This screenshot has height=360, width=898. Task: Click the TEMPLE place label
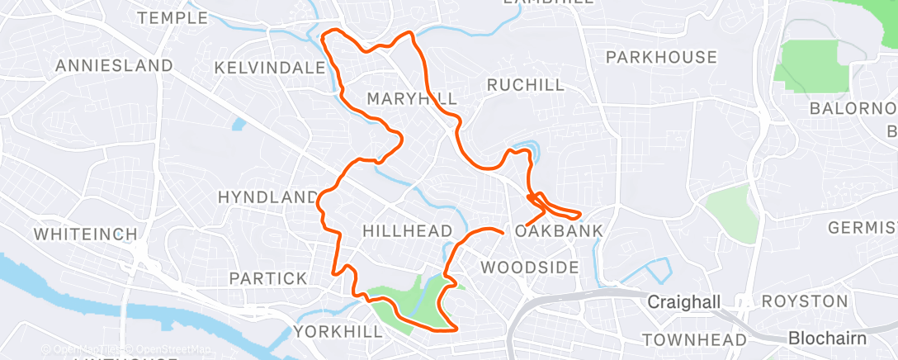coord(173,17)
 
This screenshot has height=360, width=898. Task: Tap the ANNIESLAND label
coord(114,65)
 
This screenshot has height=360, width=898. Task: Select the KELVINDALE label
coord(269,67)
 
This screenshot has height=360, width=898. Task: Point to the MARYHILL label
coord(412,99)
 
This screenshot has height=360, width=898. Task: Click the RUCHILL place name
coord(526,84)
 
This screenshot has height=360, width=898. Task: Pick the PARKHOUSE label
coord(661,57)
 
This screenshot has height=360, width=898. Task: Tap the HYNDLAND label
coord(267,197)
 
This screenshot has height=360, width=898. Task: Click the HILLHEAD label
coord(408,230)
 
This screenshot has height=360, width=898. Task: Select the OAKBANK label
coord(559,230)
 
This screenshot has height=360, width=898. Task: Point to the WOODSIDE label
coord(529,267)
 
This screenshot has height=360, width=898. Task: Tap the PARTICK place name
coord(268,278)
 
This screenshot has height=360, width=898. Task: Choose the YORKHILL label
coord(338,331)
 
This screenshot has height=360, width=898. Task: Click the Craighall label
coord(683,301)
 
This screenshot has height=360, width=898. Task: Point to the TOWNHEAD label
coord(694,339)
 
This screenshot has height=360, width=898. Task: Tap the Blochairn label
coord(826,338)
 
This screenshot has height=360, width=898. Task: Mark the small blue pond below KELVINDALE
coord(239,126)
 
